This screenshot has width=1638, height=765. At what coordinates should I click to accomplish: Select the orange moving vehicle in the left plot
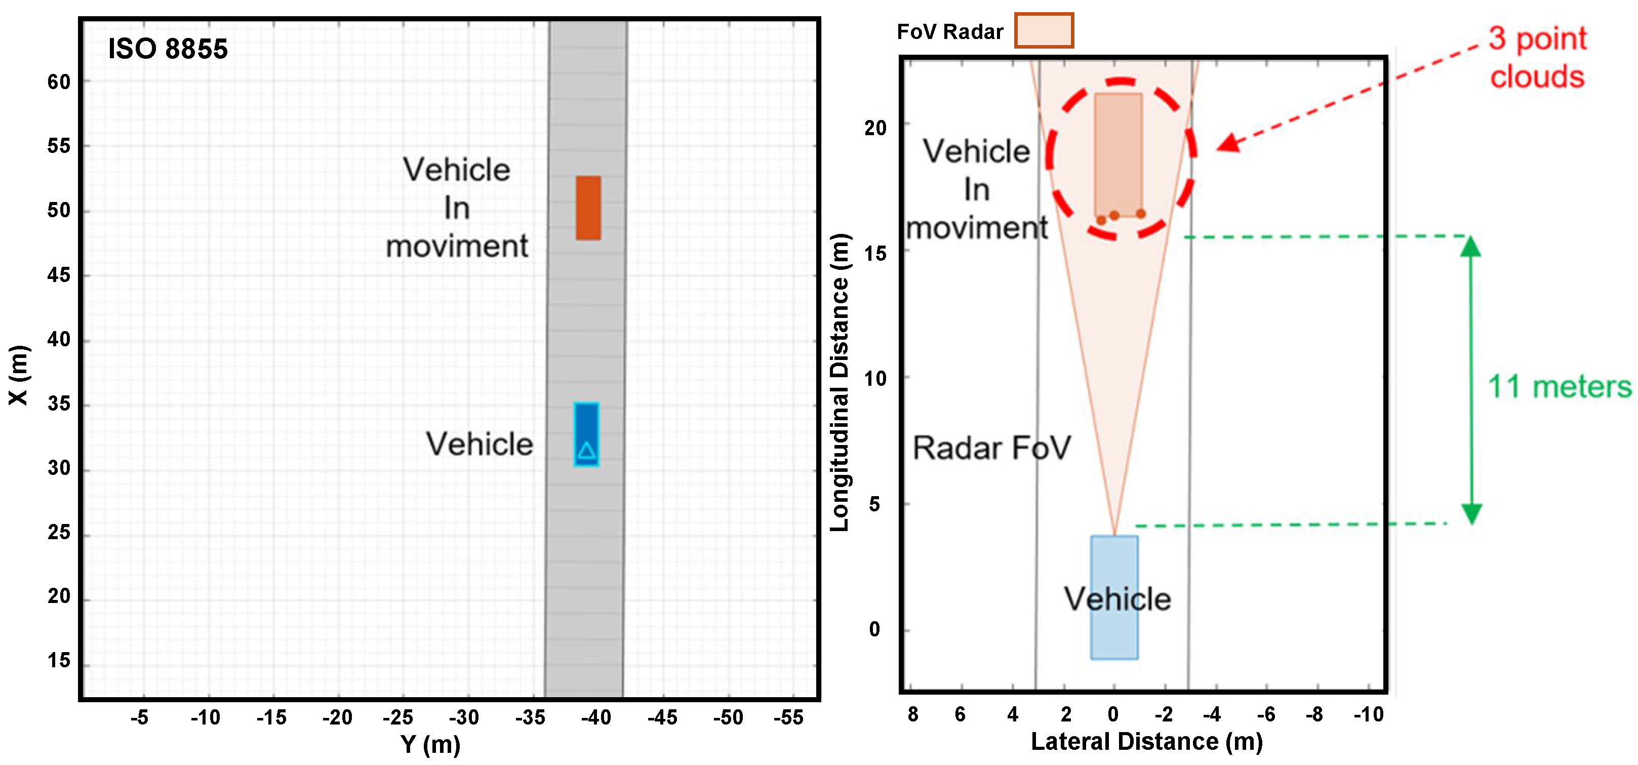[588, 208]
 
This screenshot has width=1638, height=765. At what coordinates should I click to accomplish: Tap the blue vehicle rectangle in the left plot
[586, 434]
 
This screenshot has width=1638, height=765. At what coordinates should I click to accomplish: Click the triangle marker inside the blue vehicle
[586, 451]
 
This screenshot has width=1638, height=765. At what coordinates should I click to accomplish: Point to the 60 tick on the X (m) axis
[59, 82]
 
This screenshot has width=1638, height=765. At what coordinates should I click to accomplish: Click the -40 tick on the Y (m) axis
[596, 717]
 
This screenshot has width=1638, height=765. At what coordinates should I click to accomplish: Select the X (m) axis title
[18, 375]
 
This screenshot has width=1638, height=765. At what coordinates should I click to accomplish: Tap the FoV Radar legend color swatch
[1044, 30]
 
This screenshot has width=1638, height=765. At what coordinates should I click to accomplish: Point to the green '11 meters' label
[1559, 387]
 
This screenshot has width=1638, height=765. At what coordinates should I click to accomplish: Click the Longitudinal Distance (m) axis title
[840, 382]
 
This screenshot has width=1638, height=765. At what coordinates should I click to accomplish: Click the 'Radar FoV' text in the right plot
[991, 448]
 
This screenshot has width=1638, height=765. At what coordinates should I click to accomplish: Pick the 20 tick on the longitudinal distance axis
[875, 128]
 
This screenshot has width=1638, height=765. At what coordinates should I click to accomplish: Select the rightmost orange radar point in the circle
[1141, 214]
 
